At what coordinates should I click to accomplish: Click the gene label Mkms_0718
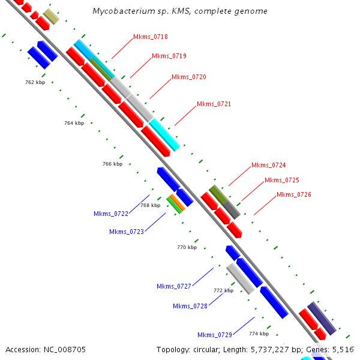click(151, 37)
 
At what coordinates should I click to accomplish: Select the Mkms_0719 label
click(169, 56)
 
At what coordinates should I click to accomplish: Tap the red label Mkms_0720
click(188, 77)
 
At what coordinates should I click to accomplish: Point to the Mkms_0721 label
click(214, 104)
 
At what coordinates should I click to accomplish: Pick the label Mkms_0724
click(268, 166)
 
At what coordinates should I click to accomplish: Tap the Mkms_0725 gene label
click(281, 181)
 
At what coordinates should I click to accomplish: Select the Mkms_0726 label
click(293, 195)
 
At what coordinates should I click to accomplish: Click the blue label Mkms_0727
click(173, 287)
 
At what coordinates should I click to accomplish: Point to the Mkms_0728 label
click(190, 307)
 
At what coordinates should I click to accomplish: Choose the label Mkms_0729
click(214, 335)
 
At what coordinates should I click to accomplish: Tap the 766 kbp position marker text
click(112, 164)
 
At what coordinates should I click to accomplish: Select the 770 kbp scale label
click(187, 247)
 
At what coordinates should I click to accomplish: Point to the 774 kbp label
click(259, 334)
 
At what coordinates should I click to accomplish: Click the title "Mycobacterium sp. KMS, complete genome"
click(180, 11)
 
